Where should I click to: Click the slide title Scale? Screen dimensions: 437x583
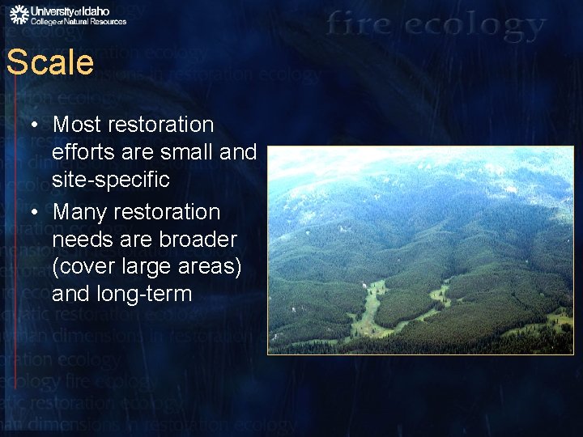coord(50,62)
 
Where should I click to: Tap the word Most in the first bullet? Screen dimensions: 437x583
coord(77,125)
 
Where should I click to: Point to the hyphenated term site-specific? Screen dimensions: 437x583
coord(111,180)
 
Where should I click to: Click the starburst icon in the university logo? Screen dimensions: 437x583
coord(19,14)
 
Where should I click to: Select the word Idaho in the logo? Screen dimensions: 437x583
coord(109,11)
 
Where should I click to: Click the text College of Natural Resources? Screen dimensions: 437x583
coord(79,22)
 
